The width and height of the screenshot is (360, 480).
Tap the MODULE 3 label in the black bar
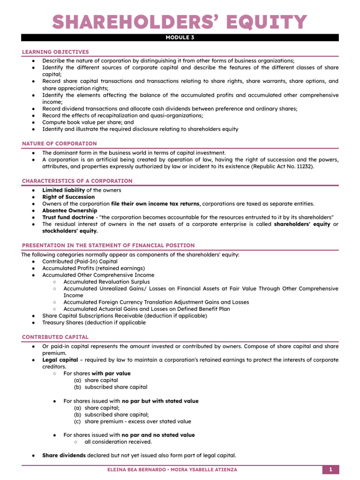coord(180,38)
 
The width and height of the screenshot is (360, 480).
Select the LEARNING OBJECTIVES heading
coord(55,52)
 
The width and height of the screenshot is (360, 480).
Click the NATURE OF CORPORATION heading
coord(60,143)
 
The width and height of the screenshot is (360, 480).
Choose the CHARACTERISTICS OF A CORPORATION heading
coord(77,181)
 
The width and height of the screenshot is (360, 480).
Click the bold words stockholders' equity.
coord(70,231)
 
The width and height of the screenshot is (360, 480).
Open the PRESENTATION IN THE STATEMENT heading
coord(108,246)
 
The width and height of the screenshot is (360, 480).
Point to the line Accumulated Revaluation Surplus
coord(106,282)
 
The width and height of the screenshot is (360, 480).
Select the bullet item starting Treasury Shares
coord(94,322)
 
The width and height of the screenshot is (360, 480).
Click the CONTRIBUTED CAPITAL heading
coord(55,337)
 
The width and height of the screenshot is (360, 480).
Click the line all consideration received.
coord(118,442)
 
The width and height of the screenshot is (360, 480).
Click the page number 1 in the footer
coord(330,470)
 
